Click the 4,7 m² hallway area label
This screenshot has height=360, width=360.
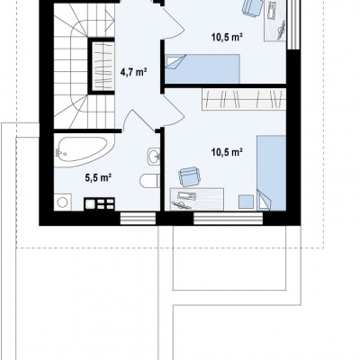pyautogui.click(x=133, y=72)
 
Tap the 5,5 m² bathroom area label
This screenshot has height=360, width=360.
pyautogui.click(x=98, y=178)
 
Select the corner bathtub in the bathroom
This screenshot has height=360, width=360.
pyautogui.click(x=84, y=152)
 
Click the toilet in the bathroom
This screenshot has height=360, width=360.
pyautogui.click(x=149, y=181)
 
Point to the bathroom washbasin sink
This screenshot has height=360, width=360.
pyautogui.click(x=154, y=156)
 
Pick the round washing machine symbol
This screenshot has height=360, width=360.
pyautogui.click(x=63, y=202)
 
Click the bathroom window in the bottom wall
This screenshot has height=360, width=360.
pyautogui.click(x=138, y=218)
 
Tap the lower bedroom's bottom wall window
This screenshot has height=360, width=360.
pyautogui.click(x=229, y=218)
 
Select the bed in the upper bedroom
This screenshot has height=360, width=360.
pyautogui.click(x=202, y=68)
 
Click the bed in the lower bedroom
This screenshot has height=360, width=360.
pyautogui.click(x=271, y=173)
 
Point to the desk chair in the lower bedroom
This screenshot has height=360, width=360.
pyautogui.click(x=189, y=176)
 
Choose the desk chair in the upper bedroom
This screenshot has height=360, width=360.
pyautogui.click(x=252, y=6)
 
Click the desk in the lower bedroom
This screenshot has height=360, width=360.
pyautogui.click(x=197, y=199)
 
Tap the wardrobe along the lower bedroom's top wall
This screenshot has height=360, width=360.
pyautogui.click(x=244, y=99)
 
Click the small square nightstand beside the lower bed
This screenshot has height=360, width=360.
pyautogui.click(x=246, y=202)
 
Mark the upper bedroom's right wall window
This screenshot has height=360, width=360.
pyautogui.click(x=293, y=24)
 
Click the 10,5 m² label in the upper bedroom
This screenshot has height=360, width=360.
pyautogui.click(x=227, y=38)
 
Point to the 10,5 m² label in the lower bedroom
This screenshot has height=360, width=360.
pyautogui.click(x=227, y=153)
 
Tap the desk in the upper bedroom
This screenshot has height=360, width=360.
pyautogui.click(x=274, y=21)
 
